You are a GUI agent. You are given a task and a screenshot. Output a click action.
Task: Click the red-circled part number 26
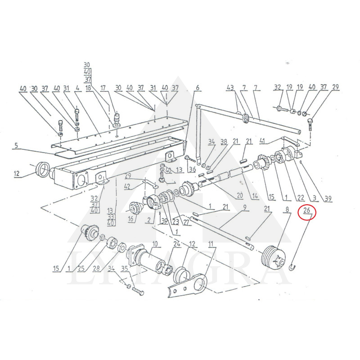pos(307,210)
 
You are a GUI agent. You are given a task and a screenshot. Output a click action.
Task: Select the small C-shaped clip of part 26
pos(292,268)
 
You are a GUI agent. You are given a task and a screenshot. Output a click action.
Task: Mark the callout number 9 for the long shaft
pos(245,207)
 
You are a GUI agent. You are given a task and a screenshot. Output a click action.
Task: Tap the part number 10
pos(154,244)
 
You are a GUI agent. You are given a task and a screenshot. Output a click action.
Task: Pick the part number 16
pos(130,220)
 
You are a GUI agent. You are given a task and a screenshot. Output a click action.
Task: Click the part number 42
pos(127,186)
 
